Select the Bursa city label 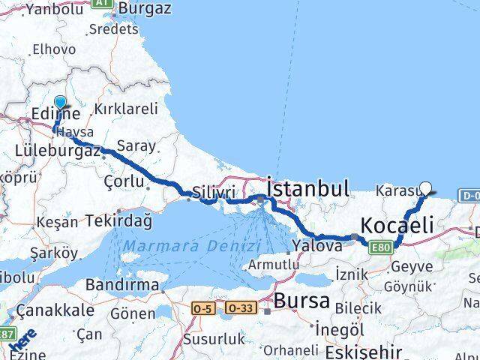302,301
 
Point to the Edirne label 56,115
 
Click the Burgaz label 145,9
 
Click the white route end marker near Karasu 426,189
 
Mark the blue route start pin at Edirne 60,104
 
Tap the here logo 24,339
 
